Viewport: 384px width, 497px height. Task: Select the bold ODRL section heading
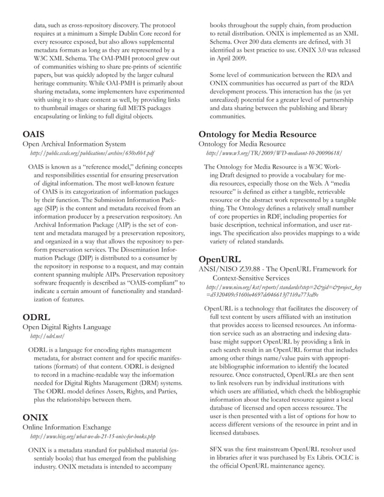point(36,316)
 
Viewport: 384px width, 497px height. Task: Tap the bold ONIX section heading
point(35,416)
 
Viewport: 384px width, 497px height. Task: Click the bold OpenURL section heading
point(221,259)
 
